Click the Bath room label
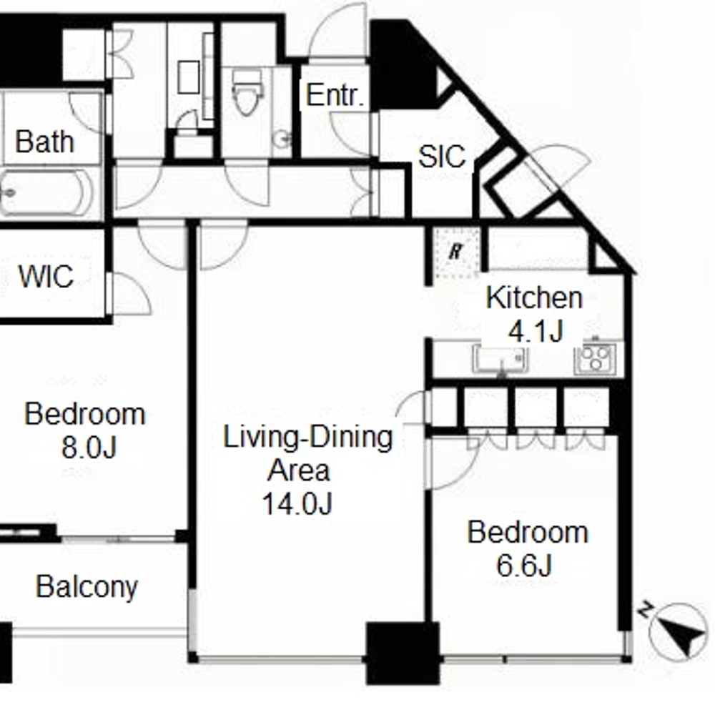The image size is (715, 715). [x=44, y=142]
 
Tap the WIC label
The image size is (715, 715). [x=46, y=276]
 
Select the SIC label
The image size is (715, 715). [x=442, y=157]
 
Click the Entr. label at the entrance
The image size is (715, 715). [x=336, y=95]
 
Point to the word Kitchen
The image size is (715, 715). [x=534, y=297]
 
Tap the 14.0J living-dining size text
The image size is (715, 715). [x=297, y=503]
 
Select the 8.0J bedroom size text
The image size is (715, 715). [x=89, y=447]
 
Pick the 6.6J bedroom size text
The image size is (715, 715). [x=524, y=566]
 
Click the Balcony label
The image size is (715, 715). [x=87, y=586]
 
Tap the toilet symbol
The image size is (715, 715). [x=247, y=92]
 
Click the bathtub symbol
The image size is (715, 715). [x=46, y=192]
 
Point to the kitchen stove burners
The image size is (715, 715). [x=595, y=358]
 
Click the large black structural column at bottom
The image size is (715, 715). [x=403, y=653]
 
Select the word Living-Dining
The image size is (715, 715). [x=307, y=438]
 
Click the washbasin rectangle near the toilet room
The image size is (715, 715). [x=188, y=77]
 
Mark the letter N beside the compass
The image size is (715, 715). [x=644, y=609]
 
